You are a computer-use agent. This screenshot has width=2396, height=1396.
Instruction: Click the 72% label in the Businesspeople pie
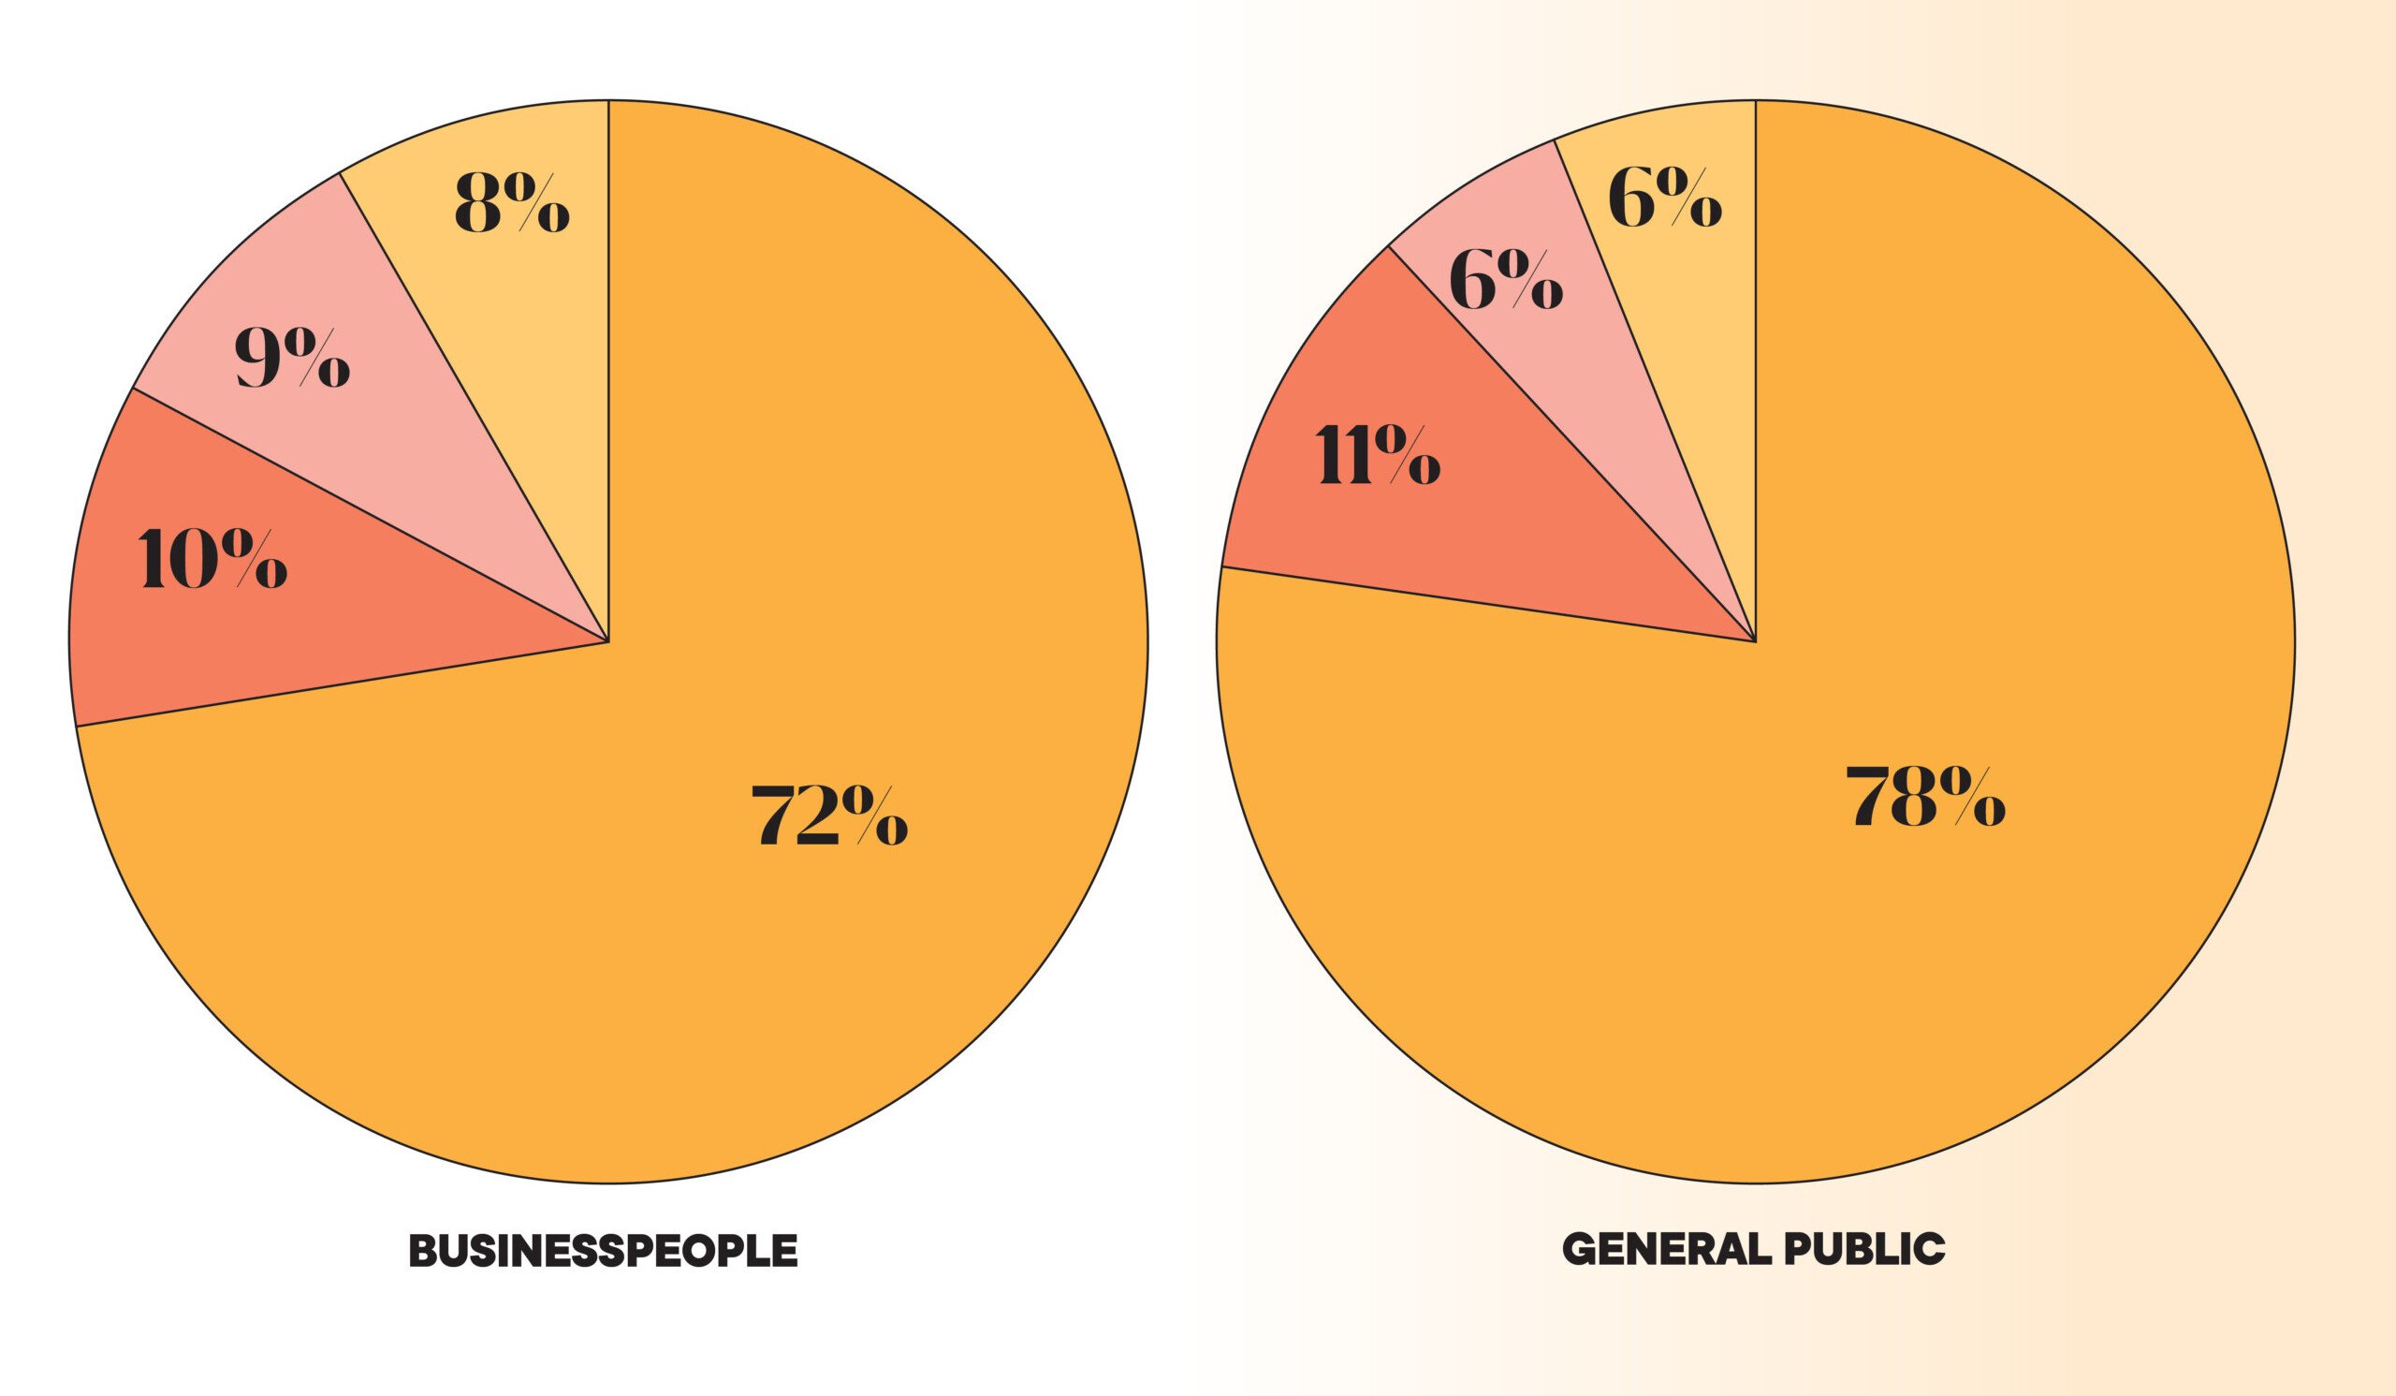pyautogui.click(x=829, y=815)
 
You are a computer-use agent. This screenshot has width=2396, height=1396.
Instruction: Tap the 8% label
pyautogui.click(x=512, y=202)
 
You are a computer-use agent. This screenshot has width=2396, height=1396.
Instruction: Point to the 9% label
pyautogui.click(x=292, y=359)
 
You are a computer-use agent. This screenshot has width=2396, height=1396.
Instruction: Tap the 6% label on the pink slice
pyautogui.click(x=1505, y=282)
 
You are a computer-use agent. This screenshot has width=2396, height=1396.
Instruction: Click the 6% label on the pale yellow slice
pyautogui.click(x=1664, y=198)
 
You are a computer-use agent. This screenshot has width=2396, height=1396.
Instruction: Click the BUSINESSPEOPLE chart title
pyautogui.click(x=603, y=1252)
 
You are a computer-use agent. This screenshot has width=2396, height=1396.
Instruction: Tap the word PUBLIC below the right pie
pyautogui.click(x=1864, y=1249)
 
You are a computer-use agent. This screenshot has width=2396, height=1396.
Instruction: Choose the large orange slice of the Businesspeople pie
pyautogui.click(x=761, y=951)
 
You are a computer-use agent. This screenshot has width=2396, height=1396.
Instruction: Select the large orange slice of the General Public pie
pyautogui.click(x=1902, y=951)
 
